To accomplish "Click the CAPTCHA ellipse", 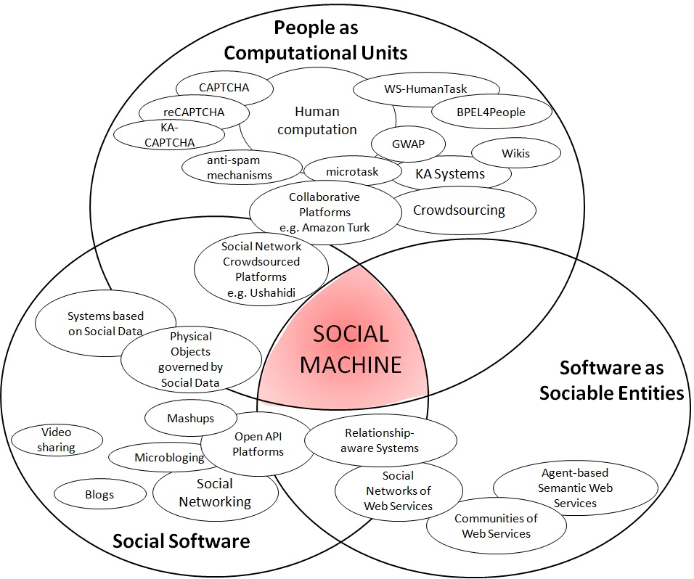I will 224,88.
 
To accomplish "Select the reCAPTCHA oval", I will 193,112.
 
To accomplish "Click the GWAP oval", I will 408,144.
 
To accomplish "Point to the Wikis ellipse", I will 515,153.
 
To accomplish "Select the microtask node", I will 352,172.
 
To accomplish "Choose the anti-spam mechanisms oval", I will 239,168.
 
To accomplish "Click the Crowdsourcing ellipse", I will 458,210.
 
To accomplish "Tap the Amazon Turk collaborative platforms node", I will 324,212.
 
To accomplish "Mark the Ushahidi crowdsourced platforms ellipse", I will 261,270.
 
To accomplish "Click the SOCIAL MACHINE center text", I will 351,349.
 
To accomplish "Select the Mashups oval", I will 191,419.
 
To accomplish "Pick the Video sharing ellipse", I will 56,440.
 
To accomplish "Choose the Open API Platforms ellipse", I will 258,444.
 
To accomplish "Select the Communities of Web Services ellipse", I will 496,526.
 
